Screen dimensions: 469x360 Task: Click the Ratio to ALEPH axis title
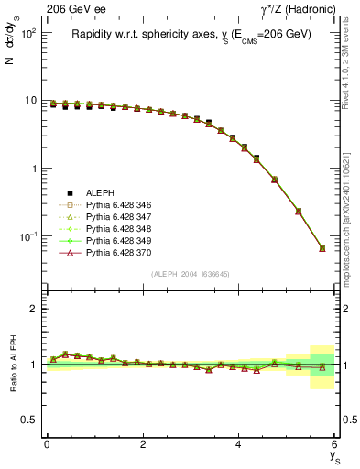pyautogui.click(x=14, y=363)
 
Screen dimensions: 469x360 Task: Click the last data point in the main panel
pyautogui.click(x=322, y=248)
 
